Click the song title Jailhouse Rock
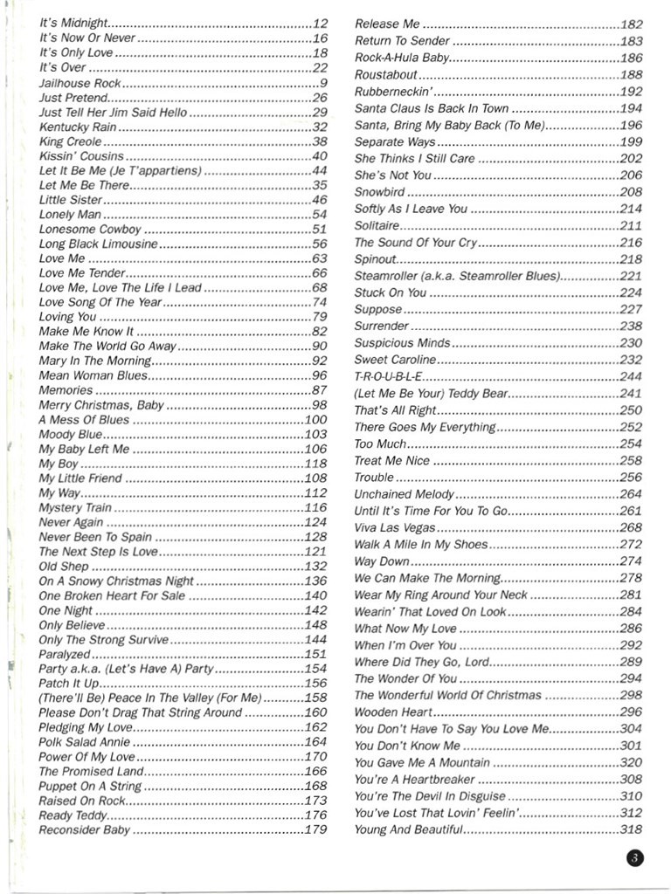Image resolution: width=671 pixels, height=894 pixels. (x=79, y=83)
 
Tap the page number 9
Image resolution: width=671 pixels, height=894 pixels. (x=323, y=83)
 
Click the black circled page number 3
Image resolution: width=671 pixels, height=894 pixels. (x=634, y=857)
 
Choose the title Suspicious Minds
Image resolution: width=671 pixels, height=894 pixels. (x=402, y=343)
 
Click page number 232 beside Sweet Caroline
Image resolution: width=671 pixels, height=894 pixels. (x=630, y=360)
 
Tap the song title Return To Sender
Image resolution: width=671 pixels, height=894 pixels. (x=402, y=41)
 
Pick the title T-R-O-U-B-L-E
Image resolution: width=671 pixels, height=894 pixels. (x=388, y=376)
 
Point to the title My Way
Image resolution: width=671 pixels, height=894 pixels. (x=59, y=493)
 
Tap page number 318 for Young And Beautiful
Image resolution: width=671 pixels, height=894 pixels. (x=630, y=829)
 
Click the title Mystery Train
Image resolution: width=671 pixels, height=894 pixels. (x=75, y=507)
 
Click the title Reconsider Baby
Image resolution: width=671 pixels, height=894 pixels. (x=84, y=830)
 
